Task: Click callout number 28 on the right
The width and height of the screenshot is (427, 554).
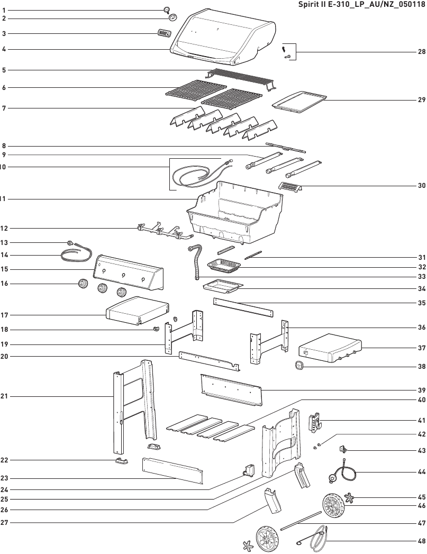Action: pyautogui.click(x=421, y=52)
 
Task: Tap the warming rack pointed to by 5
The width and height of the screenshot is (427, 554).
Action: pyautogui.click(x=241, y=79)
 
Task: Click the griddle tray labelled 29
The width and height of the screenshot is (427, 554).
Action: pyautogui.click(x=299, y=103)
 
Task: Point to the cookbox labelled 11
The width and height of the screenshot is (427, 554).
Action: pyautogui.click(x=235, y=213)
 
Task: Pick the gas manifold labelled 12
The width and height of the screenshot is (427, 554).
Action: pyautogui.click(x=165, y=231)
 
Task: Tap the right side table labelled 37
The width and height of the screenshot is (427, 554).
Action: pyautogui.click(x=330, y=348)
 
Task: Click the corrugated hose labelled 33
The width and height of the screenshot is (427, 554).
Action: pyautogui.click(x=196, y=261)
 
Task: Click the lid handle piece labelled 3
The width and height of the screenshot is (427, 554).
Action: pyautogui.click(x=164, y=33)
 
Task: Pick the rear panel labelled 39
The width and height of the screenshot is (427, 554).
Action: pyautogui.click(x=232, y=390)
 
